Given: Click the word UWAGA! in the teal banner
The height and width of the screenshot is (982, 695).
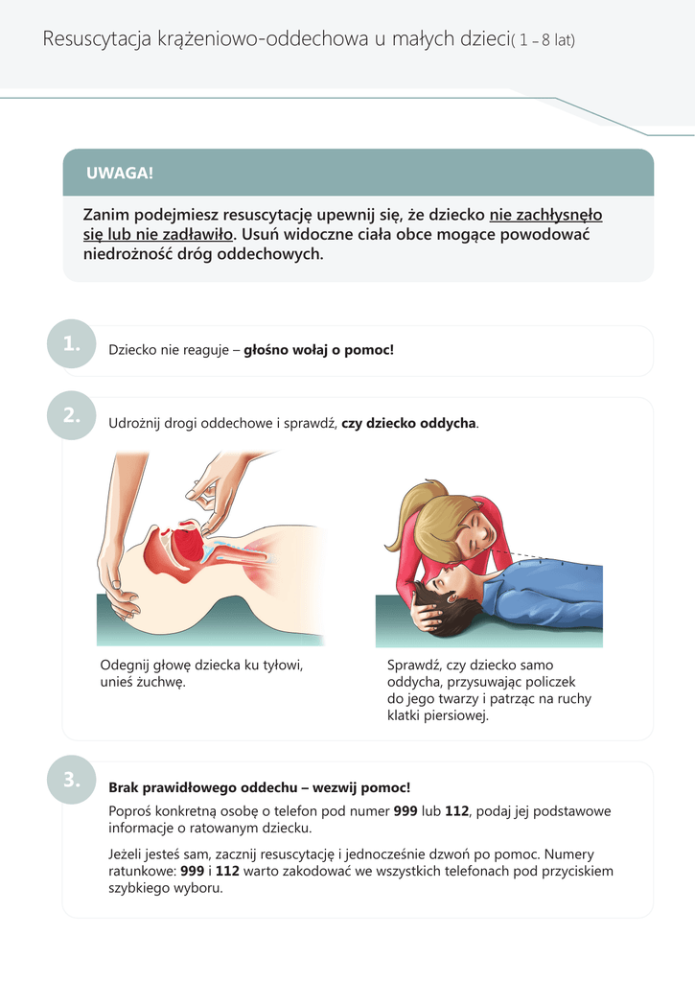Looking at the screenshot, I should coord(120,174).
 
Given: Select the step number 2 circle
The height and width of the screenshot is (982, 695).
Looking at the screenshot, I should coord(72,415).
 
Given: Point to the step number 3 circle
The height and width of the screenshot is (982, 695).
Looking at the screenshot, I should coord(72,781).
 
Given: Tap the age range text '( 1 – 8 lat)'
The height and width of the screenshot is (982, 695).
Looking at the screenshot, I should coord(543,41).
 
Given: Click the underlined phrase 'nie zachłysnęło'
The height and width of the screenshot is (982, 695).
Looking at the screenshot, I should coord(545,215).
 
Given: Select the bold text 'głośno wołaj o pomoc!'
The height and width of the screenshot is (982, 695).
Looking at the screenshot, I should coord(318,350).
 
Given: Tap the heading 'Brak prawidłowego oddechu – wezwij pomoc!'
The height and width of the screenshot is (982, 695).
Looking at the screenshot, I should coord(259,787).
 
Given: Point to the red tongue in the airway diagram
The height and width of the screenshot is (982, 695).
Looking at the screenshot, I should coord(189,548).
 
